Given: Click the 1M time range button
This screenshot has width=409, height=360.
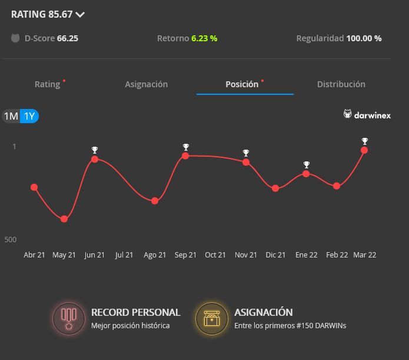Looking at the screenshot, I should [x=11, y=116].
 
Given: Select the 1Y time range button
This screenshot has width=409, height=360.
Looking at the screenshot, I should [x=29, y=116].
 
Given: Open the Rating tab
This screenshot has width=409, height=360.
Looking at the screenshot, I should [x=48, y=84].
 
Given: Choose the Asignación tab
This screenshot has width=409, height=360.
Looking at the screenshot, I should [x=147, y=84].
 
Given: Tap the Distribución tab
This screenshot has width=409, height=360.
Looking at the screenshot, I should [x=341, y=84].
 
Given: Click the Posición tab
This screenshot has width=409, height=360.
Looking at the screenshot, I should [x=242, y=84].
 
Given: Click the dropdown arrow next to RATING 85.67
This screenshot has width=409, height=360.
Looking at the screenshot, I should [x=80, y=15].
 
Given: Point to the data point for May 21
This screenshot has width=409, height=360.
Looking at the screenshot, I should [x=64, y=219].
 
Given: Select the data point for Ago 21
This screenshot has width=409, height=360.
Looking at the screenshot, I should [x=155, y=201].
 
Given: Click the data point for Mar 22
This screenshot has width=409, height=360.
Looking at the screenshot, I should [x=364, y=150].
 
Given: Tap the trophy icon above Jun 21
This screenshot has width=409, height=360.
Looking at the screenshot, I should [x=95, y=150].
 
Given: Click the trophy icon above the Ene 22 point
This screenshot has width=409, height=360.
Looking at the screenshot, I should [x=306, y=165].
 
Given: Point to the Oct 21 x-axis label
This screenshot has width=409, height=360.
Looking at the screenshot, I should [x=215, y=255].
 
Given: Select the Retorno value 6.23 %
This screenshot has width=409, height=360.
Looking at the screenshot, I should [x=204, y=38].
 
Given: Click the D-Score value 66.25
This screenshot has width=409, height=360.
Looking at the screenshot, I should [x=68, y=38].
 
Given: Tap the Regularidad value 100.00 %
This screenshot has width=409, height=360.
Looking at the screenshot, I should [x=364, y=38].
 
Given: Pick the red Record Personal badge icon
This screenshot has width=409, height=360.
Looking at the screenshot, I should [x=69, y=318].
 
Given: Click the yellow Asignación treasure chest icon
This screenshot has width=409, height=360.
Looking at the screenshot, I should [x=212, y=318].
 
